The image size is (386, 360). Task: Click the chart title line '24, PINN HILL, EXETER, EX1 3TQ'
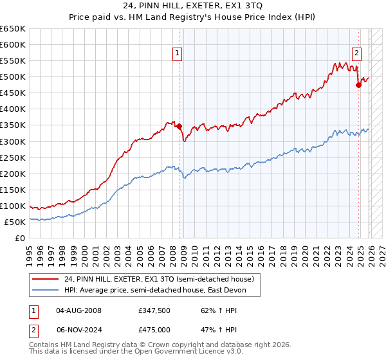pyautogui.click(x=192, y=6)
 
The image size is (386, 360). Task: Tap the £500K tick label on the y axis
pyautogui.click(x=13, y=77)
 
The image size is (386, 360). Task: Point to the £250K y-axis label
pyautogui.click(x=13, y=157)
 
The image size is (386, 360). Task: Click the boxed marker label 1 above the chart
pyautogui.click(x=177, y=54)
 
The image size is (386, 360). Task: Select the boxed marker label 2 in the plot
pyautogui.click(x=356, y=54)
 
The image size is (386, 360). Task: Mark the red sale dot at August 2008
pyautogui.click(x=179, y=127)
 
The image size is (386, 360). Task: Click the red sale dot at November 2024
pyautogui.click(x=358, y=85)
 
